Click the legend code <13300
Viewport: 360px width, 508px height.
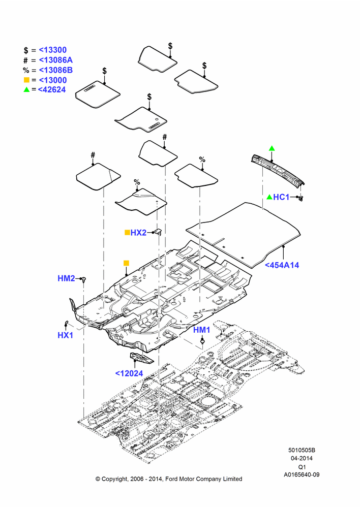(52, 50)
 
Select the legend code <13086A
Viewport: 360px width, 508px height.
(56, 60)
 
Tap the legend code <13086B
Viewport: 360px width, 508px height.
(56, 70)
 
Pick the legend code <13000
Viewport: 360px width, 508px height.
(52, 80)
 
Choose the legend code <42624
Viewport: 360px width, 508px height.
(52, 90)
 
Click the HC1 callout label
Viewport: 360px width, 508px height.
(281, 197)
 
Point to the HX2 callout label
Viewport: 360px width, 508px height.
(138, 233)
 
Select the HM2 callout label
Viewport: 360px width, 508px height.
(66, 278)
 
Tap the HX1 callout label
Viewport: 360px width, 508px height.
(65, 335)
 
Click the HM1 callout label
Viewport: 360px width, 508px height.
(202, 330)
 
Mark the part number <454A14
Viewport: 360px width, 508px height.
(282, 265)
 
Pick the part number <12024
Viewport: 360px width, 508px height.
(129, 373)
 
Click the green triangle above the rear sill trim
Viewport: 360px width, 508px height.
(272, 148)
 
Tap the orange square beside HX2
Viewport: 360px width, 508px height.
(127, 232)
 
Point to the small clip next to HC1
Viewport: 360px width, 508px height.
(301, 197)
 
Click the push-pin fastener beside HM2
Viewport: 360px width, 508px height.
(84, 279)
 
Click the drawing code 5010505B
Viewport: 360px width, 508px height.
(302, 450)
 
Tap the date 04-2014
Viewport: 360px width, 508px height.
(302, 458)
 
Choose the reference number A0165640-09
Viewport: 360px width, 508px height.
(302, 474)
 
